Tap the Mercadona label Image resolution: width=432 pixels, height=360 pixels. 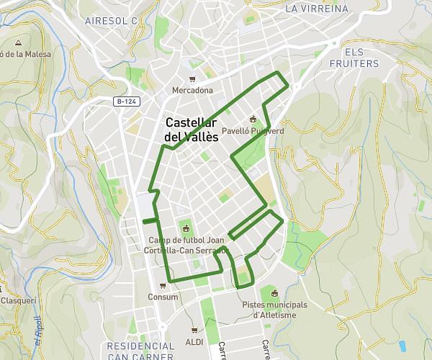[x=192, y=91]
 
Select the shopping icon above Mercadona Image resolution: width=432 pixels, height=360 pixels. [x=192, y=79]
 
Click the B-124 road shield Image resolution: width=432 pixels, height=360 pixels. [x=127, y=102]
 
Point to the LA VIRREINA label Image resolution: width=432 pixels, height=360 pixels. [x=316, y=9]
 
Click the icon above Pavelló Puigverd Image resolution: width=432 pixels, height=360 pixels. [x=252, y=120]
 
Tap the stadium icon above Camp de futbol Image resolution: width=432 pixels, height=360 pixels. [x=187, y=229]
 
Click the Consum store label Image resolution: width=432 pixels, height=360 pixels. [x=163, y=297]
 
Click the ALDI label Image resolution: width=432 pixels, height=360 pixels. [x=194, y=341]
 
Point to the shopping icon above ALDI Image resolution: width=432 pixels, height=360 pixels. [x=194, y=330]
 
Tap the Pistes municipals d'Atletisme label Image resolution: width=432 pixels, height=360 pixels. [x=274, y=309]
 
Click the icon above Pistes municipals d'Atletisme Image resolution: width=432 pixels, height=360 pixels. [x=274, y=293]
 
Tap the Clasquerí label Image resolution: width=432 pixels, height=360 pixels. [x=13, y=300]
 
